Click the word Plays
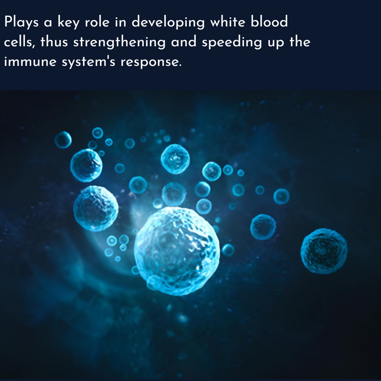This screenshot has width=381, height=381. click(x=21, y=22)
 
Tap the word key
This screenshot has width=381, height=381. click(x=68, y=22)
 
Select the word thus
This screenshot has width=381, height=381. click(x=54, y=42)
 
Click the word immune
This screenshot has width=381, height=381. click(x=30, y=62)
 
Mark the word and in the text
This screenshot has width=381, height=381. click(x=184, y=42)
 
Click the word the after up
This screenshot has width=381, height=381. click(x=300, y=42)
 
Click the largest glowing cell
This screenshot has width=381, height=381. click(x=177, y=251)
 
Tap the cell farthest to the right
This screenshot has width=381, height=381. click(x=324, y=251)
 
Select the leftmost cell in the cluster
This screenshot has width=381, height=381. click(x=63, y=140)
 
